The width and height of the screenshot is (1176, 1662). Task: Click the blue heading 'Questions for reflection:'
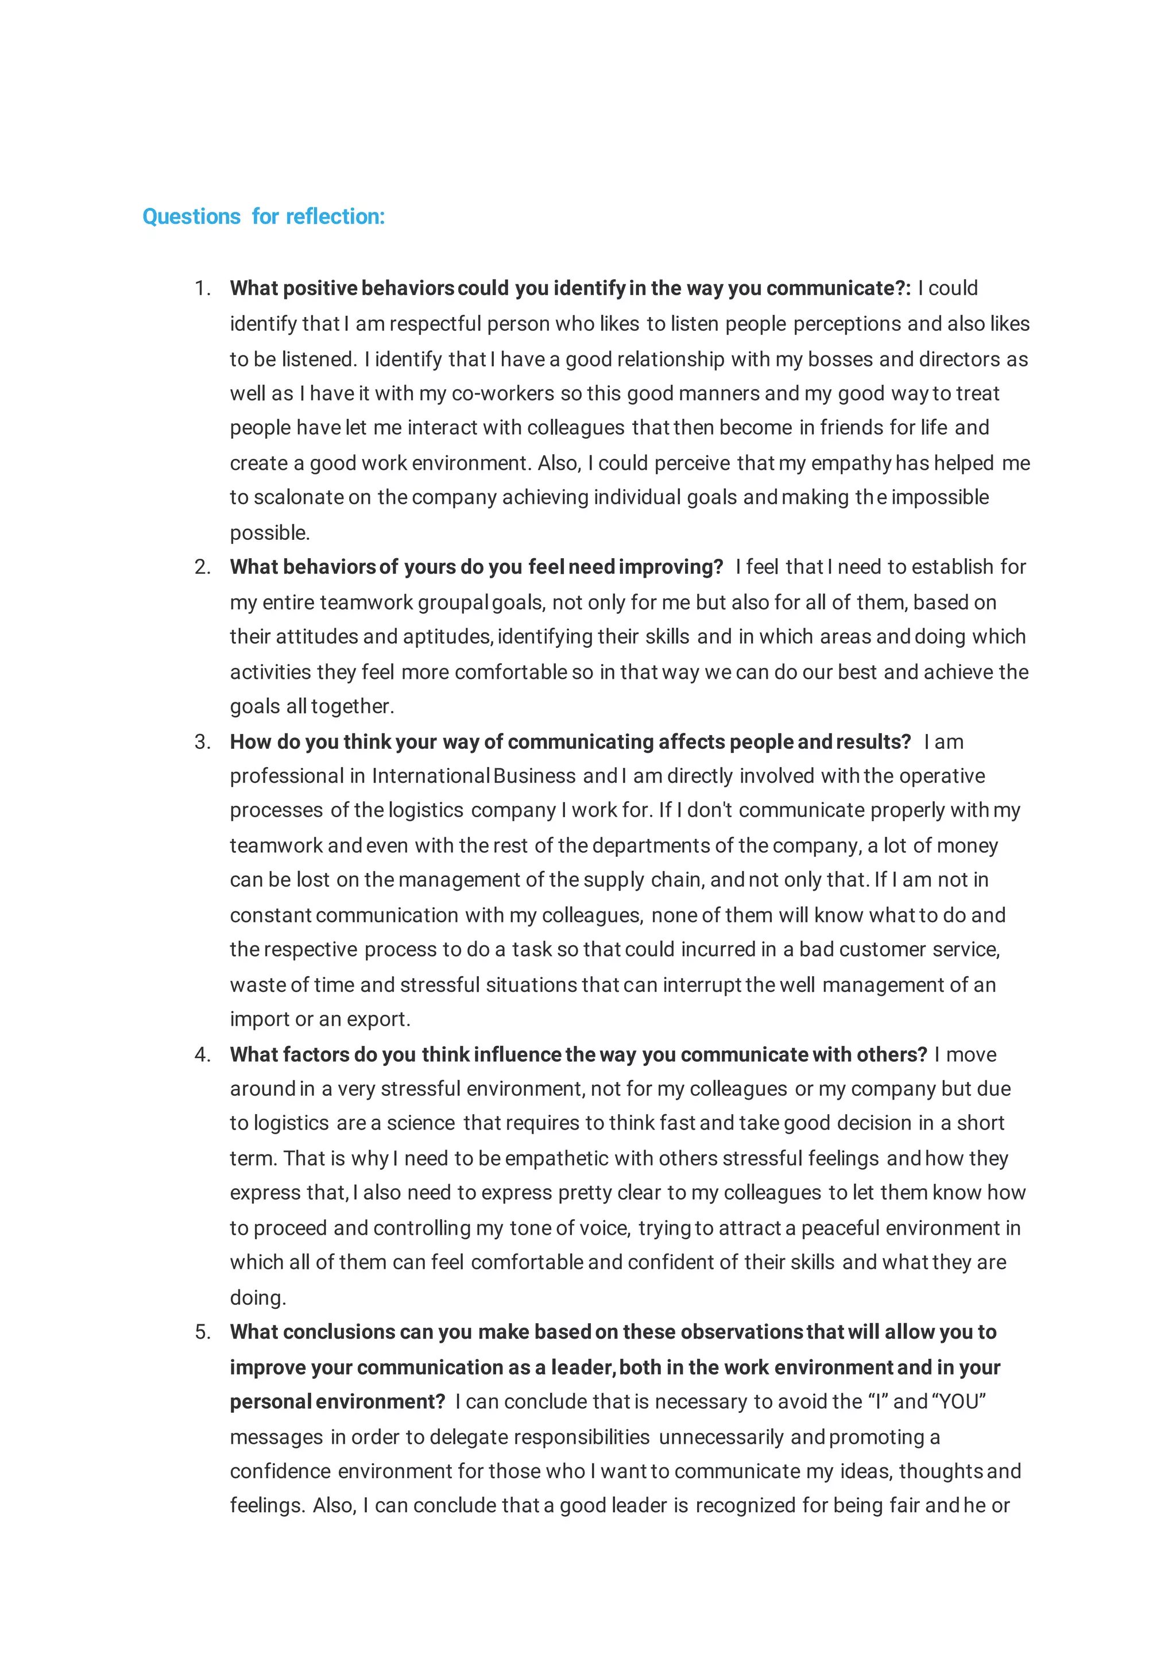[264, 217]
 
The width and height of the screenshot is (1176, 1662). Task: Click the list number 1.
[202, 288]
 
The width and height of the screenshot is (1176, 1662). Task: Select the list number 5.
[202, 1332]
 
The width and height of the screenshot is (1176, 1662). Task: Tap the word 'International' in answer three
[431, 776]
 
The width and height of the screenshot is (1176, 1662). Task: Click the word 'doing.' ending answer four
[258, 1298]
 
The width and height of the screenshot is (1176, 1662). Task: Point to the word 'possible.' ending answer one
[269, 533]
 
